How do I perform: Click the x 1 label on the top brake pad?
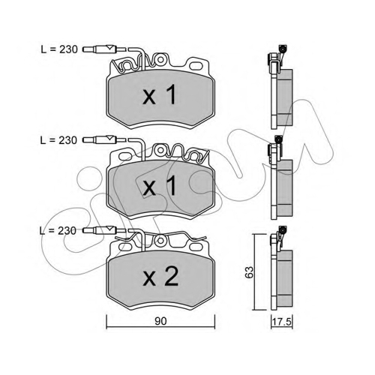[x=160, y=94]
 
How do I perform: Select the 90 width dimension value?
[x=160, y=321]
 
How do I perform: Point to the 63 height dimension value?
[x=249, y=272]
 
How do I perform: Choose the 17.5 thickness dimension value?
[x=282, y=322]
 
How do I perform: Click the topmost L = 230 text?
[x=59, y=49]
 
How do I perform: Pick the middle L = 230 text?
[x=58, y=140]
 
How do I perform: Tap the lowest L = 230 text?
[x=58, y=230]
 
